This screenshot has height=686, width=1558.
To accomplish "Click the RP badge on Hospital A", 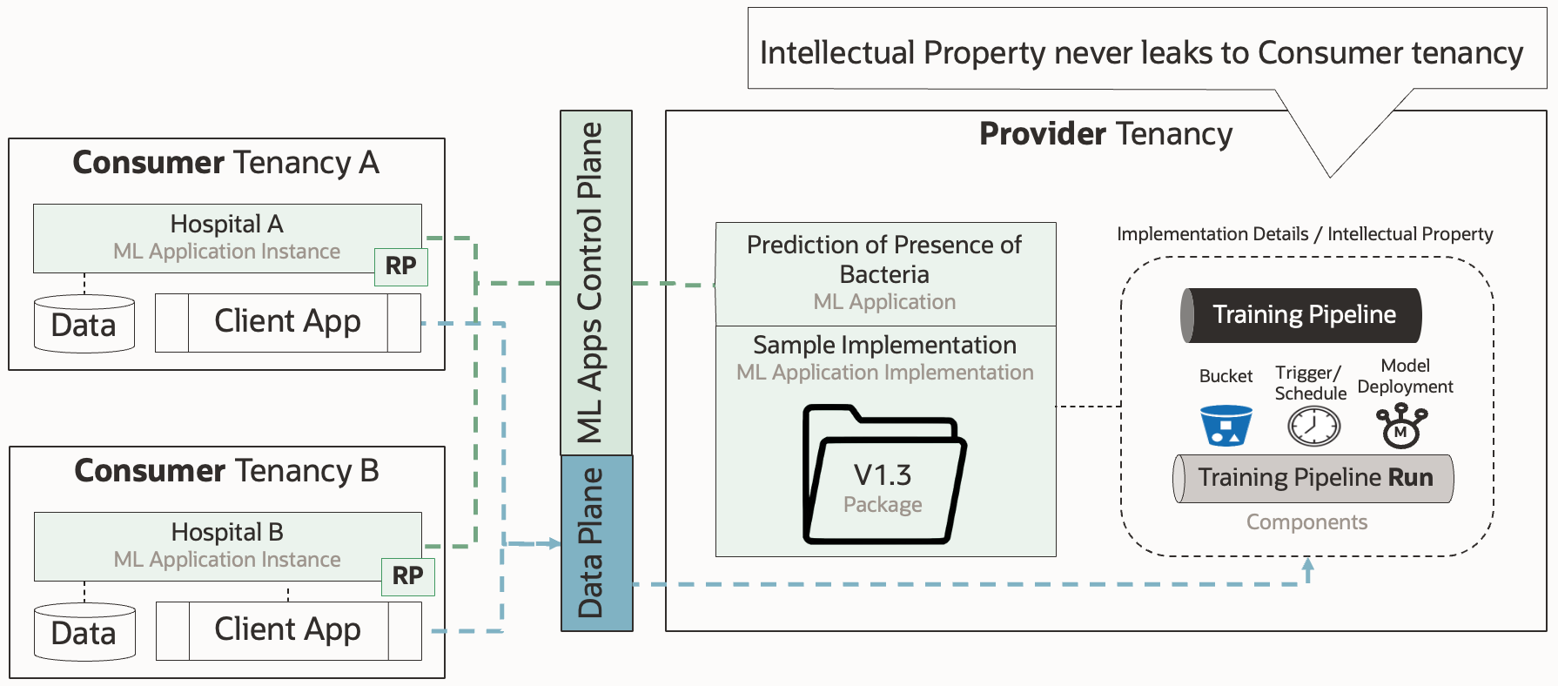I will tap(400, 266).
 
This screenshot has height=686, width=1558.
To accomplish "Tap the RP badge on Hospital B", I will tap(407, 576).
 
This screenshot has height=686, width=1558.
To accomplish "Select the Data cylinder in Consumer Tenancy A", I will tap(84, 325).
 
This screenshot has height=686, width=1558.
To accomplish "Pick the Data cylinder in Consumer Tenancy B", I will tap(84, 633).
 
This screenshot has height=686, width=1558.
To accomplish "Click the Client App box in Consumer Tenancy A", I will tap(287, 322).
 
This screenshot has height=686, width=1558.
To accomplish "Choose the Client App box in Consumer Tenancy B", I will tap(288, 630).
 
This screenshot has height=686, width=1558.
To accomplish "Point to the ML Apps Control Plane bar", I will tap(595, 282).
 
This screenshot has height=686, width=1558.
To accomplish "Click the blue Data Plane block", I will tap(596, 542).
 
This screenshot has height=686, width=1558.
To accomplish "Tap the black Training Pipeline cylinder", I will tap(1301, 315).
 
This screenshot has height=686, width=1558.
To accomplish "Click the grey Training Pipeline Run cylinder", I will tap(1313, 478).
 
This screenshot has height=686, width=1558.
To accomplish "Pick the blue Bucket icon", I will tap(1226, 426).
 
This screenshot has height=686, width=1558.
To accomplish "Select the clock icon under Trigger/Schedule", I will tap(1313, 427).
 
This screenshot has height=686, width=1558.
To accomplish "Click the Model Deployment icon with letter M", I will tap(1401, 427).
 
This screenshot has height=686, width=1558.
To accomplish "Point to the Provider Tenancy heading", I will tap(1105, 134).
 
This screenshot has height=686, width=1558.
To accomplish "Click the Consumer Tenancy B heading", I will tap(226, 471).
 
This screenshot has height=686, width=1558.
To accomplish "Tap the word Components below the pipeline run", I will tap(1306, 522).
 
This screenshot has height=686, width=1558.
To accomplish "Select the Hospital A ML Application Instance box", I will tap(226, 238).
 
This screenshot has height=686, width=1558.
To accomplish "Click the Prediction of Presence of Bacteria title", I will tap(884, 259).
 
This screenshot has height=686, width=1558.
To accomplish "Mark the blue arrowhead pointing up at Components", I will tap(1307, 566).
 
